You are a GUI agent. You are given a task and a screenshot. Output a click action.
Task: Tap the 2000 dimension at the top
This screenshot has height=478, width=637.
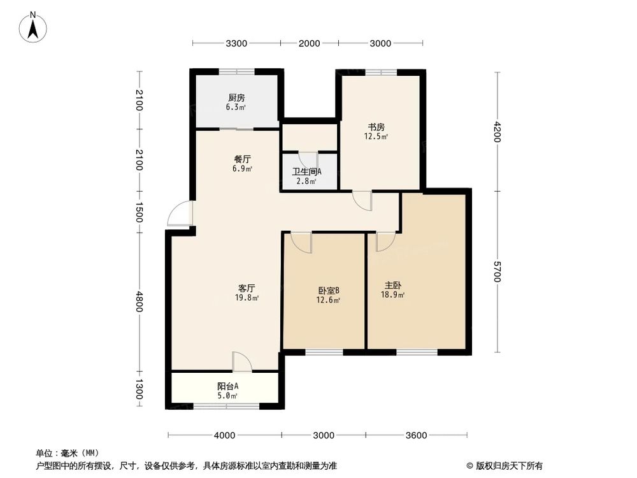(x=309, y=43)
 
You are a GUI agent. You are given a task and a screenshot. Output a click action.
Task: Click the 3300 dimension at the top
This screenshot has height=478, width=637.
(x=236, y=43)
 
